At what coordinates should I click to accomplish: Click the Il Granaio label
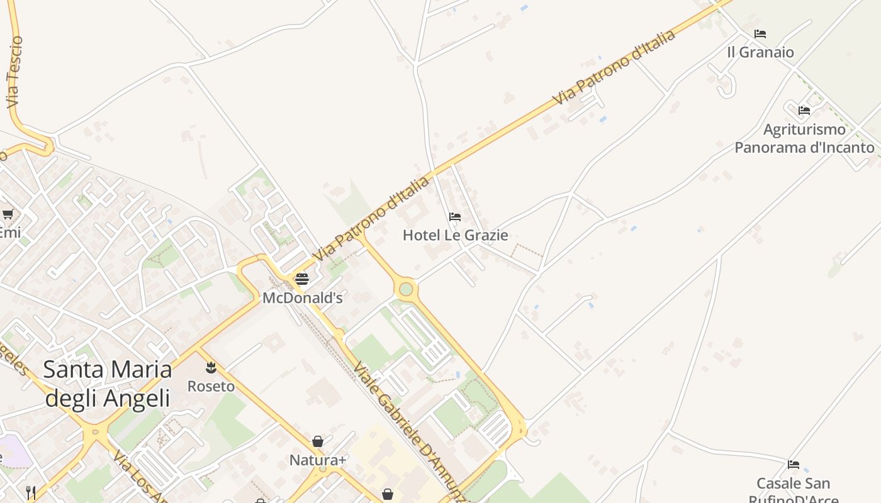760,52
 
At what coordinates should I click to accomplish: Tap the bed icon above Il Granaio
760,34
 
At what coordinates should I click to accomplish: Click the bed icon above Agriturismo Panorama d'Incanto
804,111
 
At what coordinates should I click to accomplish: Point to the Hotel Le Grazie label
455,235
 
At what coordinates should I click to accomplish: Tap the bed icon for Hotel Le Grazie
455,217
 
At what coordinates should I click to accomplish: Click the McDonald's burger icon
302,279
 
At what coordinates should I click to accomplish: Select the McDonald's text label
302,297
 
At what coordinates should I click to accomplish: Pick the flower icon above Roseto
211,367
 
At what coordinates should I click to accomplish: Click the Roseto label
211,386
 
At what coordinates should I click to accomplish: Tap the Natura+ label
318,460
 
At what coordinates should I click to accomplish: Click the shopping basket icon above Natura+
318,441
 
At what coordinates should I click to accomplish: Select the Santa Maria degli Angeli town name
108,384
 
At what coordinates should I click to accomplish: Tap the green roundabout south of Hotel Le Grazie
406,289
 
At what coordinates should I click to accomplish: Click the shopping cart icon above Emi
8,214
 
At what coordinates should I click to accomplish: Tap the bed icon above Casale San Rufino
794,465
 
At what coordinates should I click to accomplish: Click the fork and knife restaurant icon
30,491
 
